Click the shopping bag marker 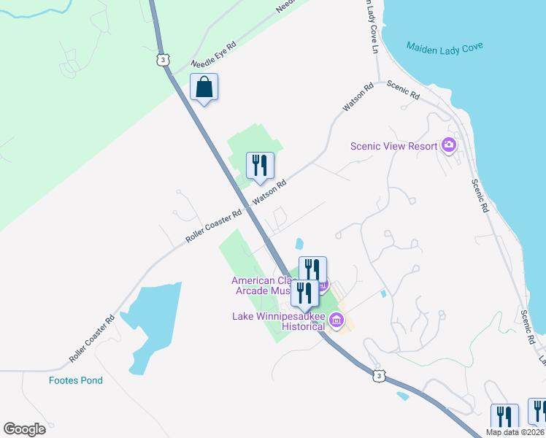tap(204, 88)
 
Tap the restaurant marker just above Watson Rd tap(260, 166)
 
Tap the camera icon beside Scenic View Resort tap(449, 145)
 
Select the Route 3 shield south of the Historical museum tap(377, 375)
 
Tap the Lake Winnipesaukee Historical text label tap(278, 321)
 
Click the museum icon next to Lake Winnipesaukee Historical tap(337, 320)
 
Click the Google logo tap(24, 429)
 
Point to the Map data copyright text tap(515, 432)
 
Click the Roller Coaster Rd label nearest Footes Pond tap(92, 339)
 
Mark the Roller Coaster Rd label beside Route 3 tap(213, 227)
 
